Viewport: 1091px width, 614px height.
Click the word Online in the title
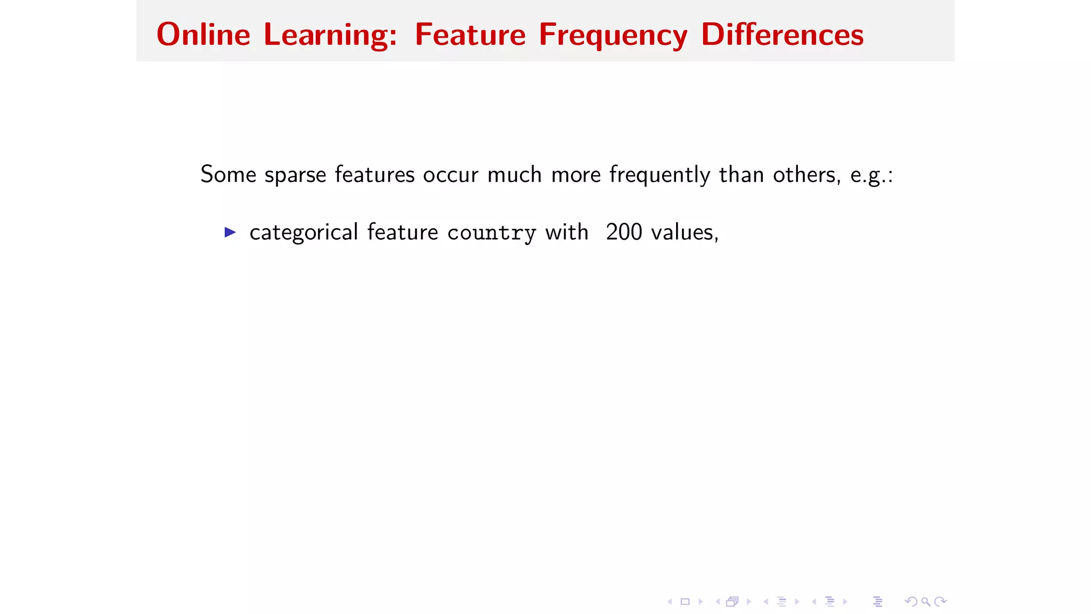click(203, 35)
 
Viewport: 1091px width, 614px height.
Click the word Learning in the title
click(330, 36)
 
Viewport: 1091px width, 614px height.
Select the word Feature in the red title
click(470, 35)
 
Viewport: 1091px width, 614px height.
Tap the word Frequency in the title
click(613, 36)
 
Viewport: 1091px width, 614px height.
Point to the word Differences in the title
click(782, 35)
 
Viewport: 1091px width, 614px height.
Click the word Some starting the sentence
click(228, 174)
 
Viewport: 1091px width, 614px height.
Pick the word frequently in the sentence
click(660, 175)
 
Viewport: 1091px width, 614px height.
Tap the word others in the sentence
click(807, 174)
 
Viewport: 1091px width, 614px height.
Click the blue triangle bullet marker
click(230, 232)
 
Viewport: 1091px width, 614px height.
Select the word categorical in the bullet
click(304, 232)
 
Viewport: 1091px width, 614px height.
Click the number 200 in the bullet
click(624, 232)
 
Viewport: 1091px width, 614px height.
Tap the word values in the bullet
click(685, 232)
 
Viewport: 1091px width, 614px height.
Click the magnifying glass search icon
click(926, 602)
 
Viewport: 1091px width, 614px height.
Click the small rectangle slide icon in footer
click(685, 602)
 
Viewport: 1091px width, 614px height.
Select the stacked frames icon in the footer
click(732, 602)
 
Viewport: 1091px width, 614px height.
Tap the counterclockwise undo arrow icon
click(910, 602)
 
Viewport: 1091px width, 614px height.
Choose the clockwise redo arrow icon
click(941, 602)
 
